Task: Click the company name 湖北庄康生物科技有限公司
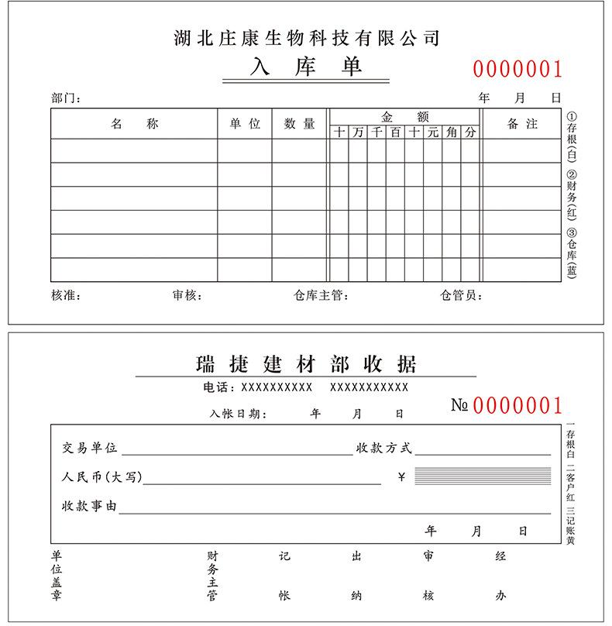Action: pyautogui.click(x=308, y=37)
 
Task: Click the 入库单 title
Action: pyautogui.click(x=306, y=68)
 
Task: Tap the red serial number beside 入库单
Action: pyautogui.click(x=517, y=70)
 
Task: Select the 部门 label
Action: pyautogui.click(x=65, y=98)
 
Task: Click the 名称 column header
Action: pyautogui.click(x=134, y=124)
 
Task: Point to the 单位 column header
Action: pyautogui.click(x=245, y=124)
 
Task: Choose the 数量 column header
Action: pyautogui.click(x=299, y=124)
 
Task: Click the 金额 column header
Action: pyautogui.click(x=405, y=117)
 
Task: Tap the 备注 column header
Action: pyautogui.click(x=522, y=124)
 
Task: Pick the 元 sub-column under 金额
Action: pyautogui.click(x=433, y=132)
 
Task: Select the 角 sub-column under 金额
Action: pyautogui.click(x=452, y=132)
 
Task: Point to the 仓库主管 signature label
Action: pyautogui.click(x=321, y=295)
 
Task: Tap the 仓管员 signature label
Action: pyautogui.click(x=462, y=295)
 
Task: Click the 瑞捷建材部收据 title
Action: pyautogui.click(x=306, y=363)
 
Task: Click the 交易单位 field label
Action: pyautogui.click(x=90, y=448)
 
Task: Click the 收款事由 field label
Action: pyautogui.click(x=90, y=506)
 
